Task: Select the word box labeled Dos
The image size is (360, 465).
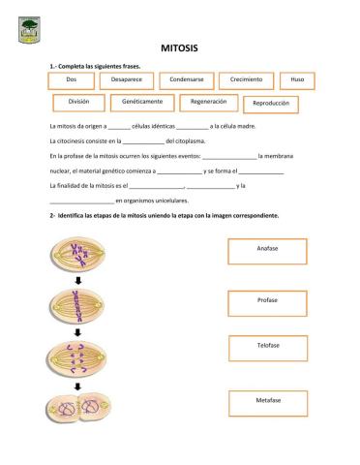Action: click(71, 79)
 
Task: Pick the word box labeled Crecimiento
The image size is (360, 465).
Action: click(246, 79)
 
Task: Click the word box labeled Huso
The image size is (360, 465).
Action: click(297, 79)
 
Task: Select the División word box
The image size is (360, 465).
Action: click(78, 102)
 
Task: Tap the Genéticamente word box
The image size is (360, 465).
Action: click(147, 102)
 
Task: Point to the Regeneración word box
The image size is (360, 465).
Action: click(208, 102)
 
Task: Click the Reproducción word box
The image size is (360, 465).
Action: click(270, 104)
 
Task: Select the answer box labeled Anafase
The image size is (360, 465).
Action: click(267, 251)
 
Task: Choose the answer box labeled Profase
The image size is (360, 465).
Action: click(267, 301)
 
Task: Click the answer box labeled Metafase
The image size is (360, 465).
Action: click(267, 401)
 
